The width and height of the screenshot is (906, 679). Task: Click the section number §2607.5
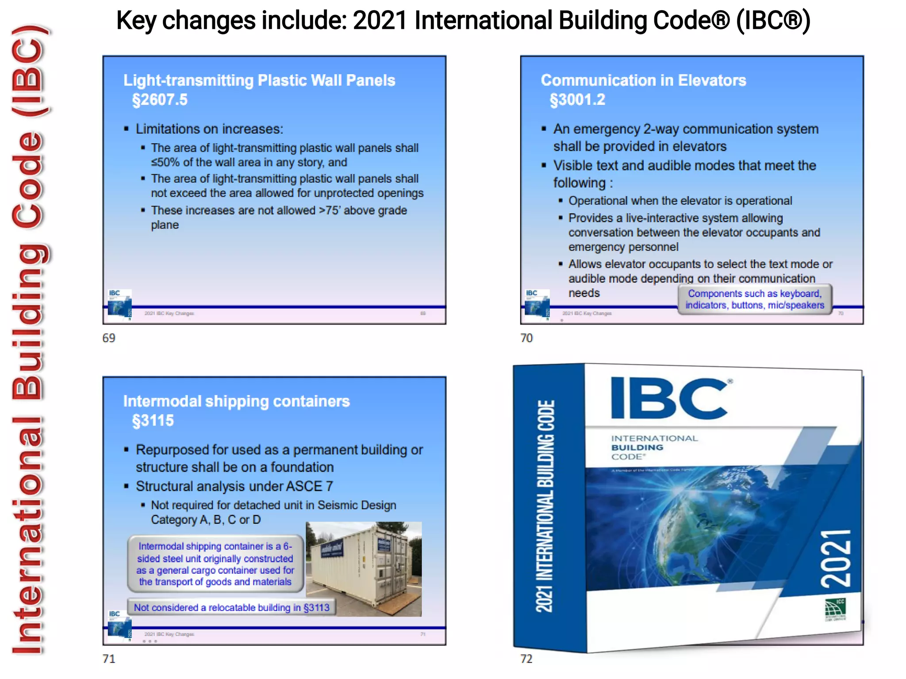160,100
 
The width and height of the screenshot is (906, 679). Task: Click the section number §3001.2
577,100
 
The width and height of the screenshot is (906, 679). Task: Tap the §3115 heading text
153,420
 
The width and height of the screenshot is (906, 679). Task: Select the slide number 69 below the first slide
109,338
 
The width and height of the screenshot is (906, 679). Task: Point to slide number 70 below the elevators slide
526,338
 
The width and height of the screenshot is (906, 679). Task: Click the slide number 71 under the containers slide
109,659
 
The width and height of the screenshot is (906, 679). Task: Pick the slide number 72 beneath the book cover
526,659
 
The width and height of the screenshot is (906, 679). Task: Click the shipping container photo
364,569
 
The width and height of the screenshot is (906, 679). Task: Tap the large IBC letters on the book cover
669,398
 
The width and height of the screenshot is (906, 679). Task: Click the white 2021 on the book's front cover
836,559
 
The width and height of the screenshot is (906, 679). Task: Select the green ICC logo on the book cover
835,610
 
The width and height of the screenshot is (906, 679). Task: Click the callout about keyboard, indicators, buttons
755,299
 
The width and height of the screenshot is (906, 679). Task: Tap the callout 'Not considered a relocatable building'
231,607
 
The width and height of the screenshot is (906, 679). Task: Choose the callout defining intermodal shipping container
215,564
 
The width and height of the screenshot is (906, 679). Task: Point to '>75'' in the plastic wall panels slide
329,210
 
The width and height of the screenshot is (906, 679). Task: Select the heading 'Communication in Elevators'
643,80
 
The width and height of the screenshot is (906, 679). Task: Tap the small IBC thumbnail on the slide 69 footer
120,305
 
